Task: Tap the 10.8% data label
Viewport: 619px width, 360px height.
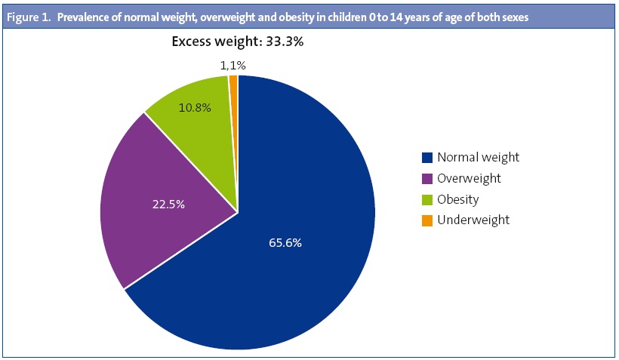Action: click(x=196, y=107)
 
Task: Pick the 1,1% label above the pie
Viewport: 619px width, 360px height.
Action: click(x=233, y=66)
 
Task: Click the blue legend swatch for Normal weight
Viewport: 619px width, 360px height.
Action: click(x=427, y=158)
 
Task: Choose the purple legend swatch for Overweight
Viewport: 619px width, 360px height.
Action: click(x=427, y=179)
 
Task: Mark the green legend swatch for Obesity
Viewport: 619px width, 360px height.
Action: click(x=427, y=200)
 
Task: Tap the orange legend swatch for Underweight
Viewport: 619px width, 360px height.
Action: click(x=427, y=220)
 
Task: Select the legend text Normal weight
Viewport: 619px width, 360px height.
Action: click(x=478, y=158)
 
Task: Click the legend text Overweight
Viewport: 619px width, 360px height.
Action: click(x=469, y=179)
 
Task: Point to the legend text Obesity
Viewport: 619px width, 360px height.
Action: click(x=458, y=200)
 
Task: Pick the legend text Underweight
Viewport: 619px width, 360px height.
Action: click(x=473, y=220)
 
